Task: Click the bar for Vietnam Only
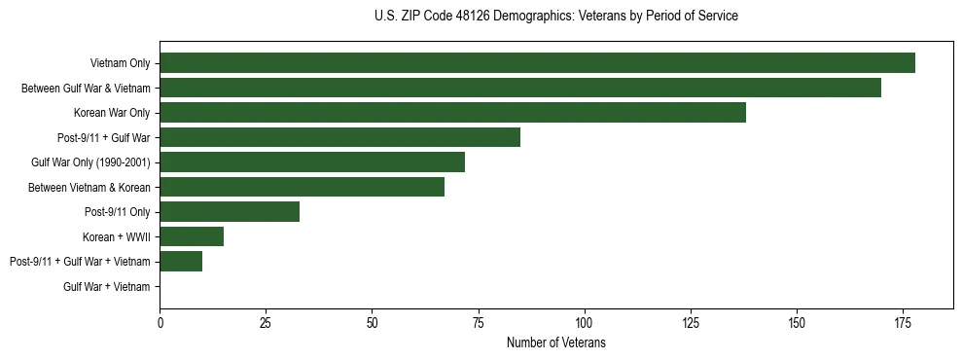tap(537, 63)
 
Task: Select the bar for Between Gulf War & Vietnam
tap(520, 88)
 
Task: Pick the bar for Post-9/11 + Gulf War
tap(339, 137)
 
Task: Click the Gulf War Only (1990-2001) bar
tap(312, 162)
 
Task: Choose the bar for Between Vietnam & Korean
tap(302, 187)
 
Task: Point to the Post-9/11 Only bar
tap(230, 211)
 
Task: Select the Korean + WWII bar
tap(192, 236)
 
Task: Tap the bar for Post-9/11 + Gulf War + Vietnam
tap(181, 261)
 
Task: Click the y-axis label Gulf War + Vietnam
tap(107, 286)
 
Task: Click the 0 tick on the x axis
tap(160, 322)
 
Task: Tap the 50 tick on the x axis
tap(372, 322)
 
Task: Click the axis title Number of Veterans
tap(555, 342)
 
